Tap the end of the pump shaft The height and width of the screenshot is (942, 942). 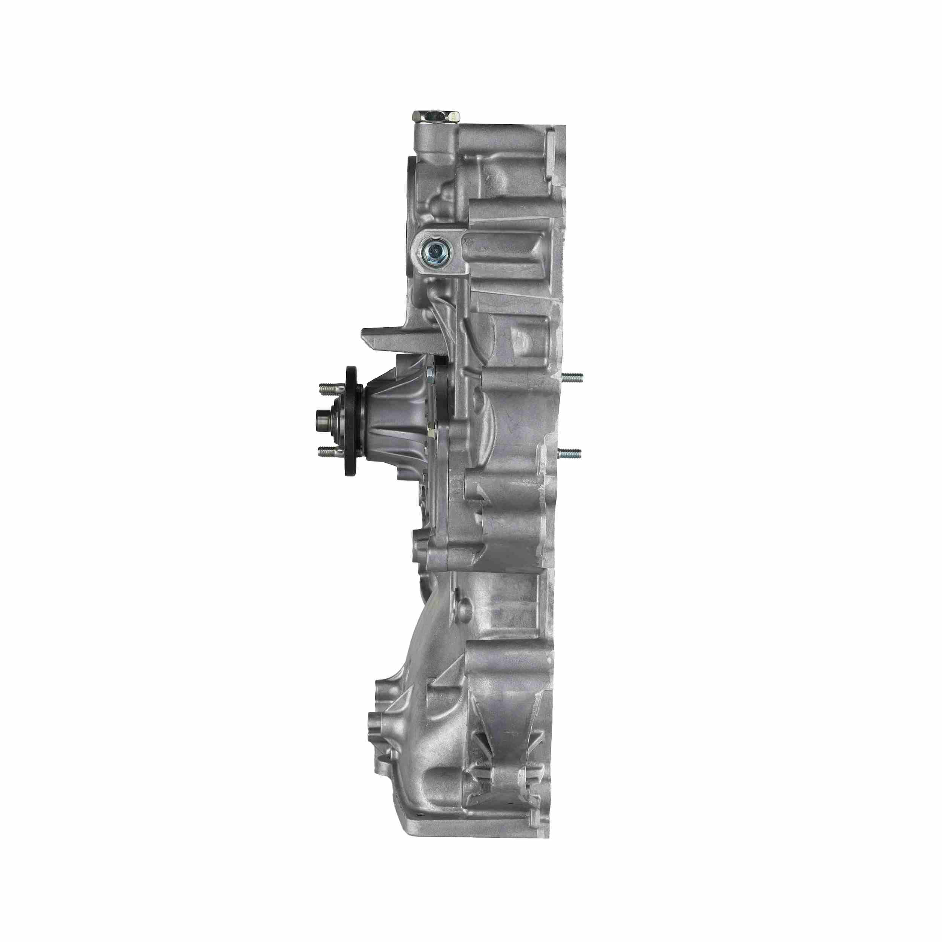320,417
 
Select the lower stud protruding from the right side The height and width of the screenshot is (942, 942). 570,453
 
